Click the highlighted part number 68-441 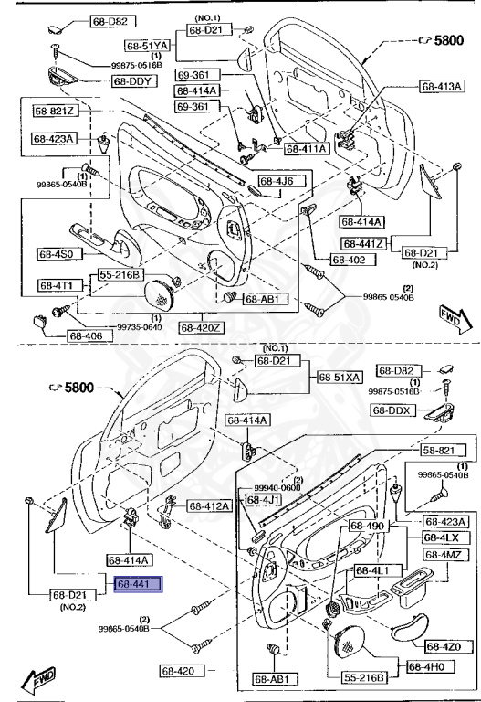[138, 583]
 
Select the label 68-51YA [148, 45]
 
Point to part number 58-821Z [56, 112]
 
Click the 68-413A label [444, 86]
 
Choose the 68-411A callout [308, 148]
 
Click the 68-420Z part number [201, 326]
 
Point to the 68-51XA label [340, 377]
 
